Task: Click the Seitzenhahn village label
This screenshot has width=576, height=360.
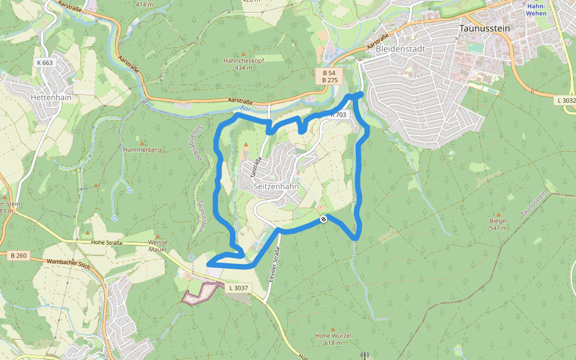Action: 276,187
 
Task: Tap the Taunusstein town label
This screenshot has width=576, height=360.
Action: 482,28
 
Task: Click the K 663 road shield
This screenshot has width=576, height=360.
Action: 44,62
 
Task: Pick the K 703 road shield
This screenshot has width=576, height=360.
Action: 338,115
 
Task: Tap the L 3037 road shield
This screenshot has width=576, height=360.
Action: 239,288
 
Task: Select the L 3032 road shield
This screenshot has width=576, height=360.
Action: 565,100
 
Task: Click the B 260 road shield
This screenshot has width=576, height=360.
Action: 19,256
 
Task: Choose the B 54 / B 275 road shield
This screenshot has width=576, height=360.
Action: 328,76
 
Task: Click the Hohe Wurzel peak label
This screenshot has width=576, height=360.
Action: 332,335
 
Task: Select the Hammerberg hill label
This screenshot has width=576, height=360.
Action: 142,149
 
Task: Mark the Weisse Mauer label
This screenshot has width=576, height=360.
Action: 158,245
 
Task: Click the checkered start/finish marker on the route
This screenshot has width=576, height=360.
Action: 323,219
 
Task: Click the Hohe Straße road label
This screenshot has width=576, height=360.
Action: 107,243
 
